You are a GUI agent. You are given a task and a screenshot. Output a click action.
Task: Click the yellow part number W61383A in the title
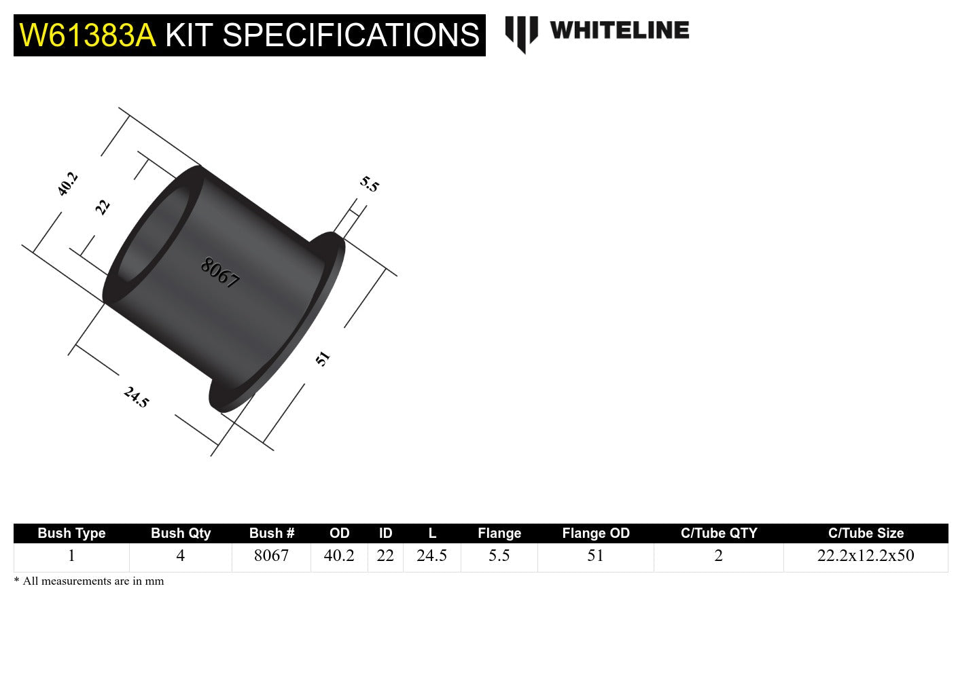pyautogui.click(x=88, y=35)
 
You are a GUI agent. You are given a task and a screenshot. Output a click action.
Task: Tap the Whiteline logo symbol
pyautogui.click(x=521, y=33)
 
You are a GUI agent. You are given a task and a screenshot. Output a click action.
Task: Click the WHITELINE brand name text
pyautogui.click(x=619, y=31)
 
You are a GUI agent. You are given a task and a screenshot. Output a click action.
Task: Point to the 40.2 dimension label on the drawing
pyautogui.click(x=67, y=184)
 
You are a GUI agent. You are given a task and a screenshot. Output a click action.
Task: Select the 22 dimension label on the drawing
pyautogui.click(x=102, y=206)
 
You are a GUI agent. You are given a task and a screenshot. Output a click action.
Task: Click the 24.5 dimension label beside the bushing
pyautogui.click(x=136, y=397)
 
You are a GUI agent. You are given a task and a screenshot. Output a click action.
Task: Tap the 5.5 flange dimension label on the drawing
pyautogui.click(x=369, y=184)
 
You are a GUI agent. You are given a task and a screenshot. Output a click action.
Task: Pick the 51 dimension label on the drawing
pyautogui.click(x=323, y=359)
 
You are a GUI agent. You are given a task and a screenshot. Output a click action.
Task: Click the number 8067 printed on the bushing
pyautogui.click(x=220, y=273)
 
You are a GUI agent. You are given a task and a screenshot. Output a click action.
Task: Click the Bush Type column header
pyautogui.click(x=71, y=533)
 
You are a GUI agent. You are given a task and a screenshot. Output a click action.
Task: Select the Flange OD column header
pyautogui.click(x=595, y=533)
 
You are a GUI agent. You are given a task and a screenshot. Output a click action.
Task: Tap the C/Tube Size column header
pyautogui.click(x=866, y=533)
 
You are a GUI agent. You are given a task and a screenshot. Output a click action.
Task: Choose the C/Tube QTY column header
pyautogui.click(x=718, y=533)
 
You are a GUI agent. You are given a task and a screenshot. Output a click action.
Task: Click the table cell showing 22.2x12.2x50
pyautogui.click(x=866, y=556)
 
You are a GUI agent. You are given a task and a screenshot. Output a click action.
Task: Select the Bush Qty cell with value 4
pyautogui.click(x=180, y=556)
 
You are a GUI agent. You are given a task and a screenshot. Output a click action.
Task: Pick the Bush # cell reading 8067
pyautogui.click(x=271, y=556)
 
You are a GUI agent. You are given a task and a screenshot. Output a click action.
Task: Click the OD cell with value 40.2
pyautogui.click(x=339, y=556)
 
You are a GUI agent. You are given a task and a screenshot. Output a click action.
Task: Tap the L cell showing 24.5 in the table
pyautogui.click(x=431, y=556)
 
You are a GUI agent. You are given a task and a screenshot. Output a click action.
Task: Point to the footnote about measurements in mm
pyautogui.click(x=89, y=581)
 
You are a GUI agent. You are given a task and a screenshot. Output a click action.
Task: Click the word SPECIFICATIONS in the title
pyautogui.click(x=351, y=35)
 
